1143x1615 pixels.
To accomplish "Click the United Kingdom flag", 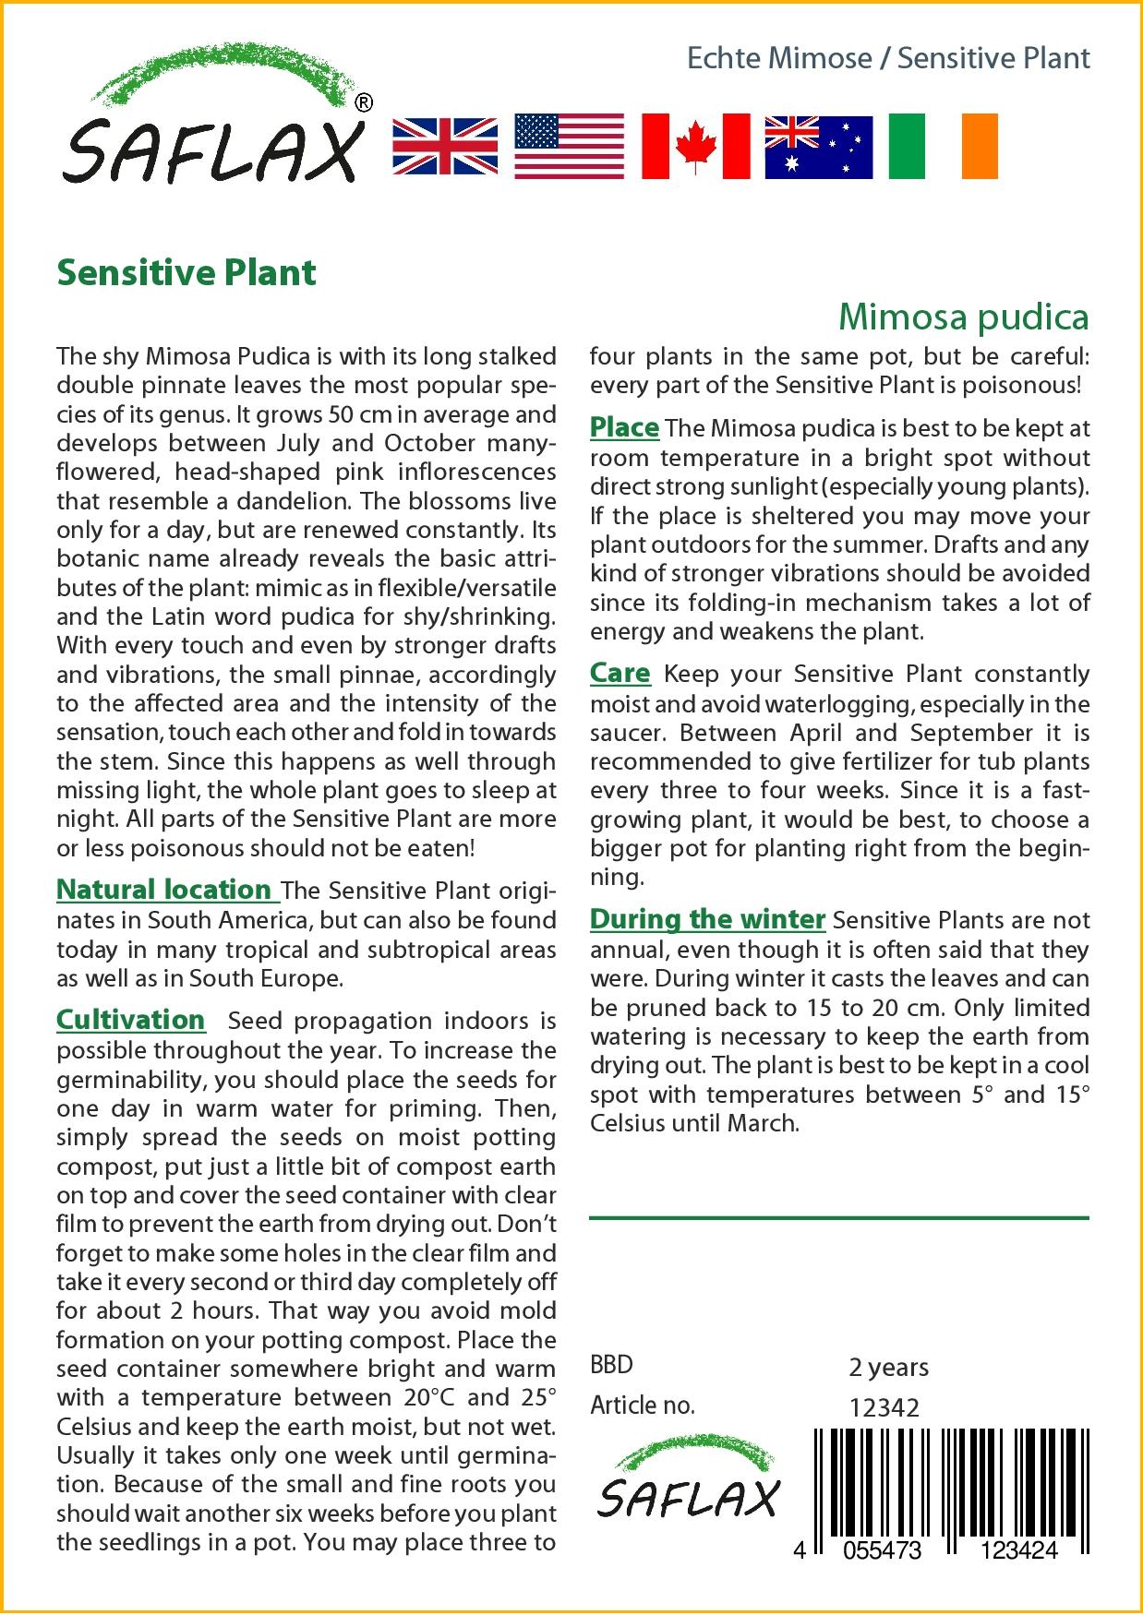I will coord(445,146).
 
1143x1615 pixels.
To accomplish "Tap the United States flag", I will coord(569,146).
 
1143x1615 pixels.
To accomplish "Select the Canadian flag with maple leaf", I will coord(695,146).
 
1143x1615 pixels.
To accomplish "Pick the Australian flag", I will coord(818,147).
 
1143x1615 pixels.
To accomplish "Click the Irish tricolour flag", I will coord(943,146).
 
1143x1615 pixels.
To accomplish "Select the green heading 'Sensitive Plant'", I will coord(186,273).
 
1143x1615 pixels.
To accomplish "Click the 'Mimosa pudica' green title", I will coord(963,317).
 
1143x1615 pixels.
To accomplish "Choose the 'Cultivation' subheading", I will coord(130,1020).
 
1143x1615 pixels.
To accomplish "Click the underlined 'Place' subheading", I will coord(624,428).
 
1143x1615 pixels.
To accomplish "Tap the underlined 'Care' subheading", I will coord(620,674).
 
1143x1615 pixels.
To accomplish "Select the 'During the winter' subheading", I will coord(707,919).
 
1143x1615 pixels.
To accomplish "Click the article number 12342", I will coord(884,1407).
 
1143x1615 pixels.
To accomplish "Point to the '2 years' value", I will coord(888,1367).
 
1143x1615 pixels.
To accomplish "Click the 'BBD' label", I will coord(611,1365).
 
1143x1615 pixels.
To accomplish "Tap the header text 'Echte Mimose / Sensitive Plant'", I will coord(888,58).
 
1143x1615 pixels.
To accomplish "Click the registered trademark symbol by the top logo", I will coord(364,103).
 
